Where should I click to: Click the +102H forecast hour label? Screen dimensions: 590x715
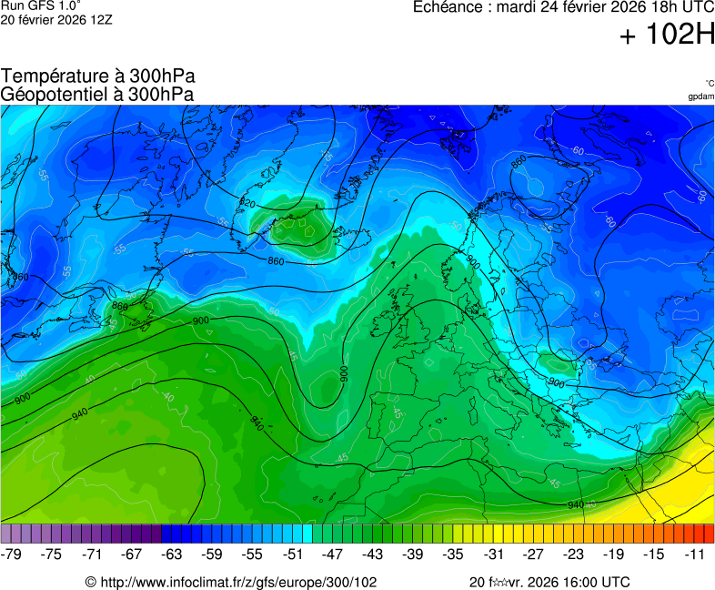[x=668, y=36]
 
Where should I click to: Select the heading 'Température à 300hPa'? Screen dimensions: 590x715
[x=97, y=76]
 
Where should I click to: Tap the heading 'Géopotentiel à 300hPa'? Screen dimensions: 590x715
[x=97, y=94]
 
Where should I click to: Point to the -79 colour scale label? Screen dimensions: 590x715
[x=12, y=554]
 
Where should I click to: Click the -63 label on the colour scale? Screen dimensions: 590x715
[x=171, y=554]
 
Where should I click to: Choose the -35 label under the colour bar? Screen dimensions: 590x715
[x=453, y=554]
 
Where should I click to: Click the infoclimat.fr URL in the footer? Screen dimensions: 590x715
[x=231, y=582]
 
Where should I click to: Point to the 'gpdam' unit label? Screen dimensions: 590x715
[x=700, y=97]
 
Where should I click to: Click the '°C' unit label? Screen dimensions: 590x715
[x=709, y=83]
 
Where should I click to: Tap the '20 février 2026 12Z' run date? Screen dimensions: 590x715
[x=57, y=20]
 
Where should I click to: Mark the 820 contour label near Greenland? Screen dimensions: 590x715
[x=247, y=202]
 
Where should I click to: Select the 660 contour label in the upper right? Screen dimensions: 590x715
[x=519, y=162]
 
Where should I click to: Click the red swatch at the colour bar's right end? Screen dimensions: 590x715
[x=710, y=534]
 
